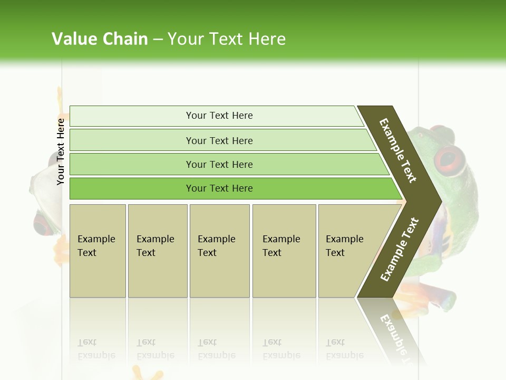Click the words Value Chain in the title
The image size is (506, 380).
coord(100,39)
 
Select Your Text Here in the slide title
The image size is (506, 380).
coord(227,39)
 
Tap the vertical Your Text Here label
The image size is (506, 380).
coord(61,151)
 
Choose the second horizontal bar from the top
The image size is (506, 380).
coord(219,140)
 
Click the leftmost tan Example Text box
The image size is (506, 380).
coord(98,251)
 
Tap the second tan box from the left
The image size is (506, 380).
coord(157,251)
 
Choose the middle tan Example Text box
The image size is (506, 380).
coord(219,251)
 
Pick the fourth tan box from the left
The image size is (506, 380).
coord(284,251)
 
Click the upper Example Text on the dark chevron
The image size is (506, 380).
coord(398,150)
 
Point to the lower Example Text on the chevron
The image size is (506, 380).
coord(399,249)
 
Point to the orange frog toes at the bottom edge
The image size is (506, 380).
coord(153,375)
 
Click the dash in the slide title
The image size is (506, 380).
coord(158,40)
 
